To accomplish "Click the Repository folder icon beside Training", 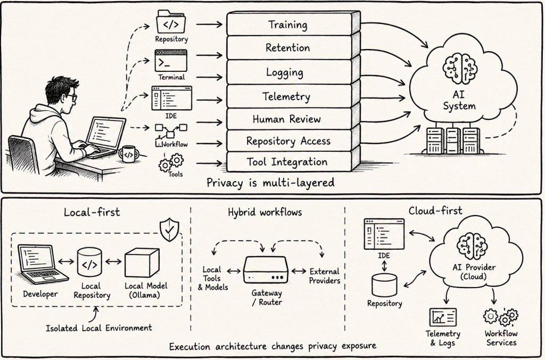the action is pyautogui.click(x=171, y=22).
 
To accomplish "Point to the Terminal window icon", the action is pyautogui.click(x=171, y=61).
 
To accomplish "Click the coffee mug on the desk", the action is pyautogui.click(x=128, y=154).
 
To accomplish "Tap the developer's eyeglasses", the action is pyautogui.click(x=72, y=97).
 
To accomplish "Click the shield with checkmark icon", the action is pyautogui.click(x=169, y=230).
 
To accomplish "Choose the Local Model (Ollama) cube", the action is pyautogui.click(x=142, y=263).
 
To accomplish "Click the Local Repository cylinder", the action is pyautogui.click(x=89, y=263).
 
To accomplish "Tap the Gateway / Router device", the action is pyautogui.click(x=266, y=270).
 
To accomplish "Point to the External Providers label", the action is pyautogui.click(x=325, y=276).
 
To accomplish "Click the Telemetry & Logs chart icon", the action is pyautogui.click(x=443, y=317).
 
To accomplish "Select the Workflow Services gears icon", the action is pyautogui.click(x=500, y=316).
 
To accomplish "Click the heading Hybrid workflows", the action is pyautogui.click(x=265, y=212).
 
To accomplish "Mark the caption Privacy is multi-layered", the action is pyautogui.click(x=270, y=183).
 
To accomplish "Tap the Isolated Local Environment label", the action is pyautogui.click(x=98, y=328).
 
